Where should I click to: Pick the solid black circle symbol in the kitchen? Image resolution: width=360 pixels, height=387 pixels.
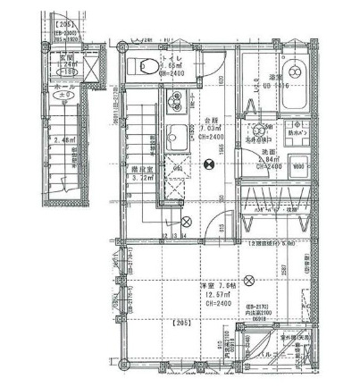coord(208,163)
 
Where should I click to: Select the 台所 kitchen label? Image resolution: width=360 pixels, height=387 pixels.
coord(209,119)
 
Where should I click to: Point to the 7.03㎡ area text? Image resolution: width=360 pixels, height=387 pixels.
coord(209,130)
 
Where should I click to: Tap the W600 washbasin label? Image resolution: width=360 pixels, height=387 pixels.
coord(299,165)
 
